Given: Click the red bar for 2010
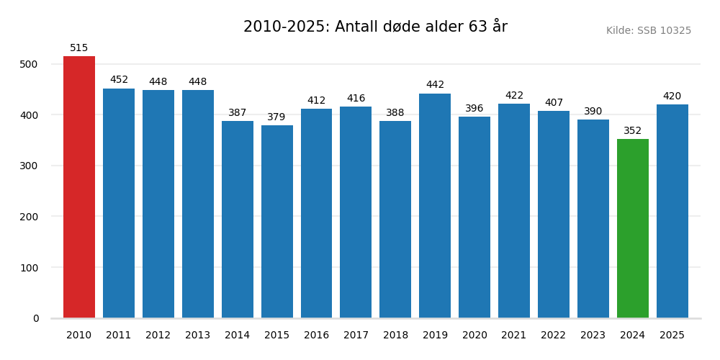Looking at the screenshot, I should pos(79,187).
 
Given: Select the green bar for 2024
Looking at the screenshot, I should pos(632,228).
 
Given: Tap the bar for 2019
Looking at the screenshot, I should pos(435,206).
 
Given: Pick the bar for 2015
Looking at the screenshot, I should pos(277,222).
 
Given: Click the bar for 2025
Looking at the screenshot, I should pos(672,211).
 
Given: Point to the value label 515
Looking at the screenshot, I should pos(79,48).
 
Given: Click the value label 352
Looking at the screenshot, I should pos(632,131).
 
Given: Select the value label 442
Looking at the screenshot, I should pos(435,85).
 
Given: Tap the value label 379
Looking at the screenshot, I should pos(277,117).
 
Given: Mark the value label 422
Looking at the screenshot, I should pos(514,96).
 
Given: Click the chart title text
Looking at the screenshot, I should pos(375,27).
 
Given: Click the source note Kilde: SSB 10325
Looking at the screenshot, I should pos(648,31).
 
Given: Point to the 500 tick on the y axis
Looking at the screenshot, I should pos(29,64).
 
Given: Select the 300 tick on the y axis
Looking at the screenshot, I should pos(29,166).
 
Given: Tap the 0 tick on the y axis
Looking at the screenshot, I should pos(36,318).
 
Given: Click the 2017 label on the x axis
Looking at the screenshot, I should pos(356,336).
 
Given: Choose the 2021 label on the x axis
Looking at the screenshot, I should pos(514,336).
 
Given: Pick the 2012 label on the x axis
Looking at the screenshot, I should pos(158,336).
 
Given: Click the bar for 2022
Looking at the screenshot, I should pos(554,215).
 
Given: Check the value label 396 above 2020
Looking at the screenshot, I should pos(474,109).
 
